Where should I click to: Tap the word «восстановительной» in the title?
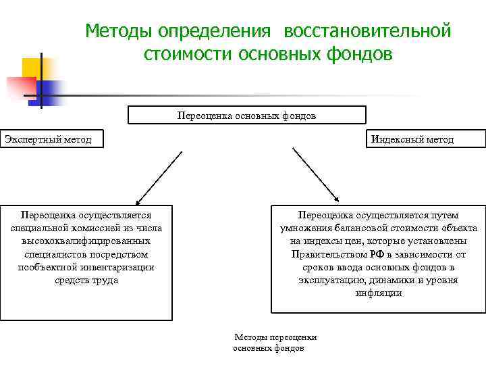367,31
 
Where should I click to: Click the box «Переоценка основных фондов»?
247,116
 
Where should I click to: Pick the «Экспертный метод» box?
46,139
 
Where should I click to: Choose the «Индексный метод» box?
426,139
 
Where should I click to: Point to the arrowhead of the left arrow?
138,201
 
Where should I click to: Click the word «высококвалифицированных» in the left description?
86,241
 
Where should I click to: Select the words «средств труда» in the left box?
86,280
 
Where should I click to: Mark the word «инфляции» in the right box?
379,293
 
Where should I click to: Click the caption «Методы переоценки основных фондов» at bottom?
273,342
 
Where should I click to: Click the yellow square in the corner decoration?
30,68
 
